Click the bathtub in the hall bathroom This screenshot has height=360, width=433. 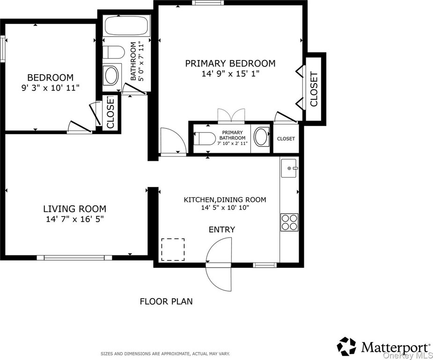click(x=127, y=25)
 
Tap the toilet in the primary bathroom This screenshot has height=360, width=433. click(x=205, y=138)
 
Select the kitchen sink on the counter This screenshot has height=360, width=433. click(x=289, y=168)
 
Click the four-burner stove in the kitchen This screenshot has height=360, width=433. click(x=289, y=222)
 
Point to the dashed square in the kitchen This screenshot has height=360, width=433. click(x=173, y=249)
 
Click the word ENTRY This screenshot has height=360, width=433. click(x=222, y=230)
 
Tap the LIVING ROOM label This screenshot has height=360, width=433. click(x=75, y=209)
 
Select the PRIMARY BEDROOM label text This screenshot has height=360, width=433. click(x=230, y=63)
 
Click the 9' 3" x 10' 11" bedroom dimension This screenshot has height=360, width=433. click(x=50, y=88)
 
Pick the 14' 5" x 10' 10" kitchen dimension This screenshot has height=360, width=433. click(x=225, y=207)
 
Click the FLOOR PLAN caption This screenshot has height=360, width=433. click(x=166, y=301)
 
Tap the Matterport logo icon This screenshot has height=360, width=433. click(x=347, y=346)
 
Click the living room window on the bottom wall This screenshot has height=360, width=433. click(x=74, y=258)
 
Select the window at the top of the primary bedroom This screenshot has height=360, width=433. click(x=208, y=3)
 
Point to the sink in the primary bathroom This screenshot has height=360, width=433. click(x=261, y=136)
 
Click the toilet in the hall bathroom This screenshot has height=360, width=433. click(x=113, y=52)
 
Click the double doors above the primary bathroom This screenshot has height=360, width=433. click(x=231, y=116)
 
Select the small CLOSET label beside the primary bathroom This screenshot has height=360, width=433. click(x=286, y=139)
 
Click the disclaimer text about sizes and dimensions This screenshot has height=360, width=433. click(x=165, y=353)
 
